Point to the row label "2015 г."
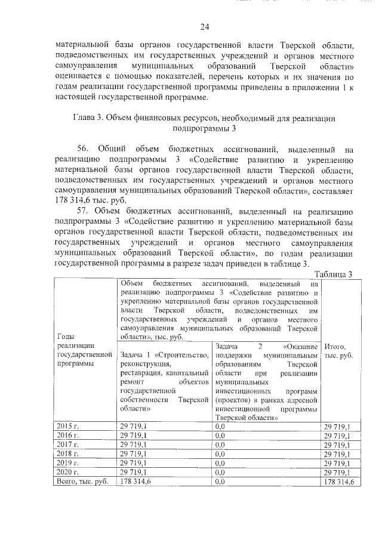[67, 425]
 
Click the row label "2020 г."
[67, 472]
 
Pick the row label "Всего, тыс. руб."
[81, 482]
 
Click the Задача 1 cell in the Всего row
[135, 482]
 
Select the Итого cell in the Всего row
[338, 482]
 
